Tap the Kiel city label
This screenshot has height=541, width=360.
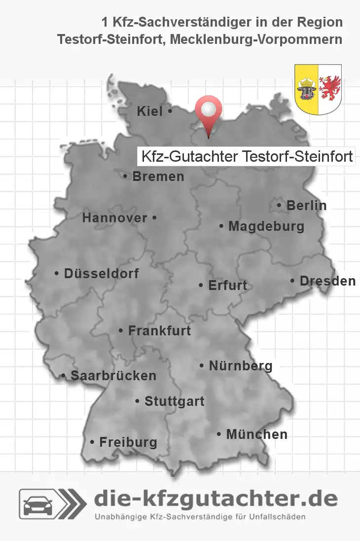150,112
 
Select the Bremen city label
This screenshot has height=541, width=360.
158,177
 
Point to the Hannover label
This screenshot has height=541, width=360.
114,217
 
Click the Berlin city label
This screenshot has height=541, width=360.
306,206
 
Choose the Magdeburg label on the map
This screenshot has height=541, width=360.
266,227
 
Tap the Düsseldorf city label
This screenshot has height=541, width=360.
101,273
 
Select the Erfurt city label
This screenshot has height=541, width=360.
227,286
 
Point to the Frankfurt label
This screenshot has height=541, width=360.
159,331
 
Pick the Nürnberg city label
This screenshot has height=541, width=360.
241,366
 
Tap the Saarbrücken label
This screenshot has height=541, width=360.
113,376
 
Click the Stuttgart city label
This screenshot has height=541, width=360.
174,401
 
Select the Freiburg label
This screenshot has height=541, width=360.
128,442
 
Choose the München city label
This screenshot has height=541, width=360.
256,434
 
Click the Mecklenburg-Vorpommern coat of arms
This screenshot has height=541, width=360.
318,89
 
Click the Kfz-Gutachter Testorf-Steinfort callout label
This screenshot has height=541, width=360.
247,157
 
